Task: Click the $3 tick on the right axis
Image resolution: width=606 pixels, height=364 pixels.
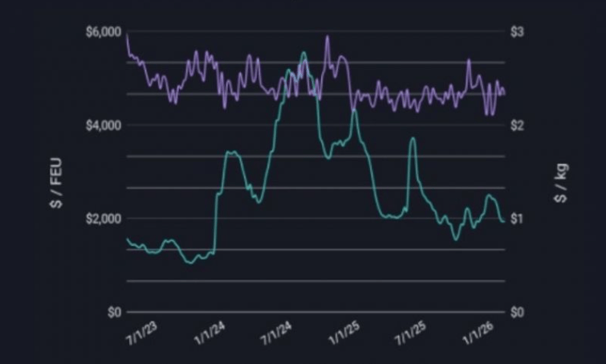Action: tap(518, 31)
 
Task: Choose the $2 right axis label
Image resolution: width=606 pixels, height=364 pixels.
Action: tap(518, 125)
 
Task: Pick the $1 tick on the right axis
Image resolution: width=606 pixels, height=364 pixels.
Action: tap(518, 219)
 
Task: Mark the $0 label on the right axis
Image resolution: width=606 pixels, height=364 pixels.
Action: tap(518, 312)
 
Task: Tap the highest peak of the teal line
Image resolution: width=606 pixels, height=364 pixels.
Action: tap(303, 53)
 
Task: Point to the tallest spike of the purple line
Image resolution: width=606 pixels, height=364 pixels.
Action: tap(327, 36)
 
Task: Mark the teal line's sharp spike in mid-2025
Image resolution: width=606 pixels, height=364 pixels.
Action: tap(413, 138)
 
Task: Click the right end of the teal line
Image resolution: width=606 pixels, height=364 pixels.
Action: tap(503, 222)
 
